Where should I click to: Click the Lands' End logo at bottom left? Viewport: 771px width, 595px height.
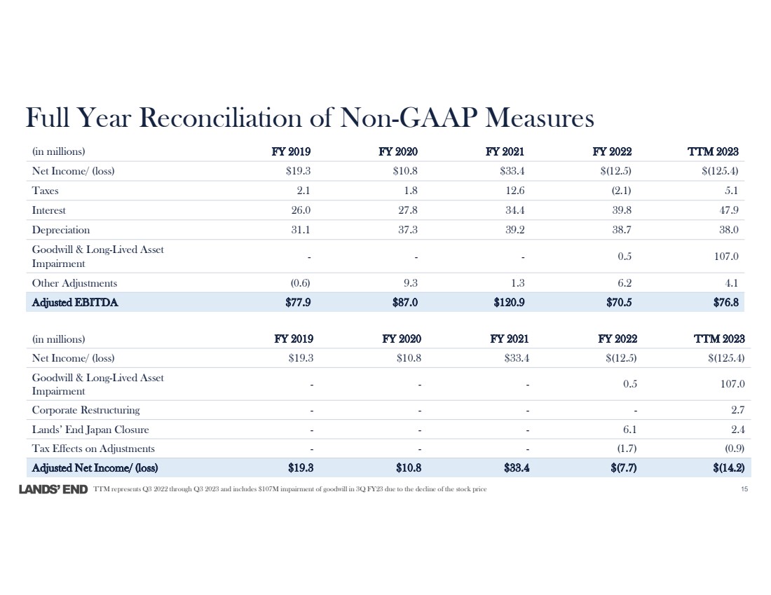pos(53,488)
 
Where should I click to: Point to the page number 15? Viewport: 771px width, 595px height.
pos(744,488)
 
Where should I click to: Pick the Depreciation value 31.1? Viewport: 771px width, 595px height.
pos(301,229)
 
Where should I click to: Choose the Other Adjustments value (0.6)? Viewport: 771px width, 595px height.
pos(300,283)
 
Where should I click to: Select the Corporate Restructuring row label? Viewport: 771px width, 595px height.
pos(86,410)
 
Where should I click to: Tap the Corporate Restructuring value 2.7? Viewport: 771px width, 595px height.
pos(737,410)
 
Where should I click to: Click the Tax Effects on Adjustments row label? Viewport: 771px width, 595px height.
pos(93,449)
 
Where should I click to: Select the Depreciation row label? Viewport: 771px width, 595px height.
pos(61,229)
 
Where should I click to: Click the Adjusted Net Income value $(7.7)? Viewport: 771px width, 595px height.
pos(622,467)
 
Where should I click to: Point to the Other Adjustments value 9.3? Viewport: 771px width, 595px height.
pos(411,283)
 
